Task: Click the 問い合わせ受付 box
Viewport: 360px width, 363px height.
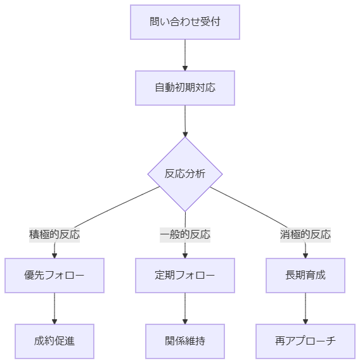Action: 185,22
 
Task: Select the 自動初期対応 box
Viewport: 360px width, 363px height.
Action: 185,88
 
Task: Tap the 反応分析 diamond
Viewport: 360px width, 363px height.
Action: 185,174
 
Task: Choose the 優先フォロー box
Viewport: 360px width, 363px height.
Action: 55,276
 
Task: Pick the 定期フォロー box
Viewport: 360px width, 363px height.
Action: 185,276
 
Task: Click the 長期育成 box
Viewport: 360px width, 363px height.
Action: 305,276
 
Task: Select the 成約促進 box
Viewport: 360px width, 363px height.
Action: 55,341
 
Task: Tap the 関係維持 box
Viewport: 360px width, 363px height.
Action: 185,341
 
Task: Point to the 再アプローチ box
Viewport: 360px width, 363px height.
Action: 305,341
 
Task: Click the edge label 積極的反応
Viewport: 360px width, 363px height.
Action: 55,234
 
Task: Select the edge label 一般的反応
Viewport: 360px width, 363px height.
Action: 185,234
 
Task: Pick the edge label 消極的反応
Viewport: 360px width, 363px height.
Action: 305,234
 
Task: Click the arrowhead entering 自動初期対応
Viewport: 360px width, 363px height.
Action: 185,68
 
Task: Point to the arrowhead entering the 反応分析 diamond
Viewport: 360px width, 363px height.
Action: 185,134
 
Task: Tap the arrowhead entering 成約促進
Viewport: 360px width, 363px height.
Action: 55,322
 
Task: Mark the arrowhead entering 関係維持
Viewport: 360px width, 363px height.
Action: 185,322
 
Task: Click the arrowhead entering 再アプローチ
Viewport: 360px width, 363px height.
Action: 305,322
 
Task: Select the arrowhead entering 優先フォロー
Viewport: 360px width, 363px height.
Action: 55,255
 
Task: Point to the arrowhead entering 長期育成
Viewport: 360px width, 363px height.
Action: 305,255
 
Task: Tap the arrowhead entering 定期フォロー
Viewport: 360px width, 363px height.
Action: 185,255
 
